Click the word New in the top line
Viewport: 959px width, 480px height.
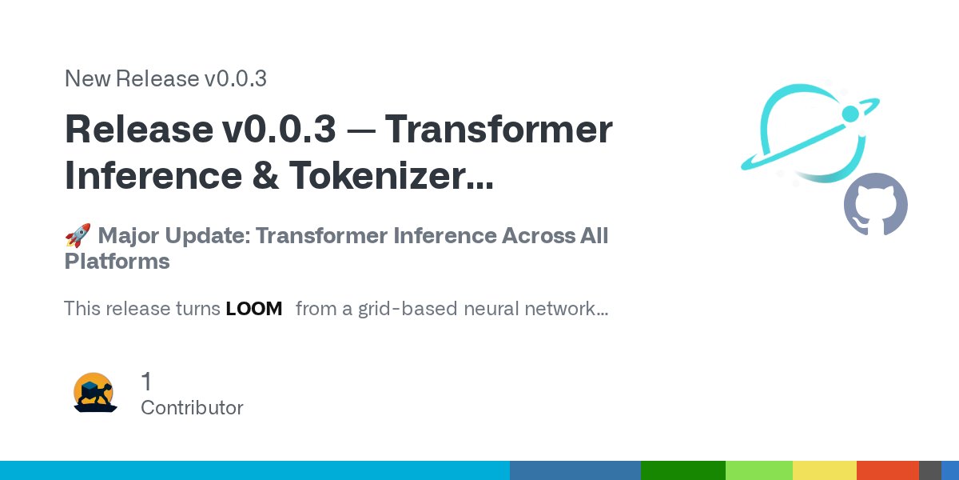tap(87, 78)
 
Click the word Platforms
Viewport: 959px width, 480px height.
tap(117, 262)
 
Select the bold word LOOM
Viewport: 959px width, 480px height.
tap(254, 309)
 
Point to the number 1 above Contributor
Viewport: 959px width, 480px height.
tap(146, 382)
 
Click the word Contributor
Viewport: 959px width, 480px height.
tap(192, 407)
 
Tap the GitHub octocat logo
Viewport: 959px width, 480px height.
tap(876, 205)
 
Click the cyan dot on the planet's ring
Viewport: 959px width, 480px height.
tap(850, 114)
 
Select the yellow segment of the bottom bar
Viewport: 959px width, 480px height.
tap(824, 470)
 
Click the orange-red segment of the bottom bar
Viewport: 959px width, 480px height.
tap(887, 470)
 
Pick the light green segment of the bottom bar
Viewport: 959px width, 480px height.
tap(758, 470)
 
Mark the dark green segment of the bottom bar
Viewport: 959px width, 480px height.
tap(682, 470)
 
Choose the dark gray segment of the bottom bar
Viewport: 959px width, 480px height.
tap(929, 470)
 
